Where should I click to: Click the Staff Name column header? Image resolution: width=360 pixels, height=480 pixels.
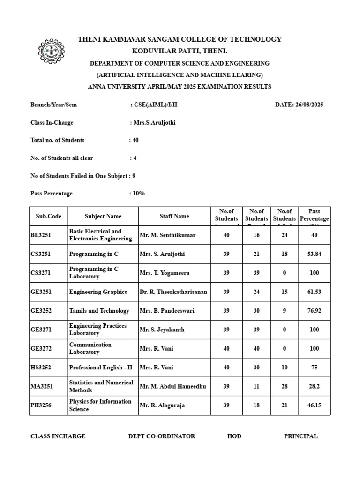click(174, 216)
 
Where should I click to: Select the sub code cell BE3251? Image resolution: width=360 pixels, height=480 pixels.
click(41, 235)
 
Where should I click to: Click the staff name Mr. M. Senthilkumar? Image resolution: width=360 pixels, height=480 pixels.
click(167, 235)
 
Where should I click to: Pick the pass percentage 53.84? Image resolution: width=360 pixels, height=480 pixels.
click(314, 254)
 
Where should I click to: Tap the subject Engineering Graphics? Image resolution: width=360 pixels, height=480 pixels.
click(98, 292)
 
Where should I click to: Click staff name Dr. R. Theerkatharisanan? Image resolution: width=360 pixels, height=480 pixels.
click(173, 292)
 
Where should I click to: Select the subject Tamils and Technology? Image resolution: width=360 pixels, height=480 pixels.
click(99, 311)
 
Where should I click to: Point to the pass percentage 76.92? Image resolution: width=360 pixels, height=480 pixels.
click(314, 311)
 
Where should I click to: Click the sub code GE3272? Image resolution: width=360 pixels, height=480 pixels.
click(41, 348)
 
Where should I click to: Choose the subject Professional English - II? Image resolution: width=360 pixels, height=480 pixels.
click(101, 367)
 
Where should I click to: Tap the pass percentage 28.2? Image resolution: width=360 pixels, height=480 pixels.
click(314, 386)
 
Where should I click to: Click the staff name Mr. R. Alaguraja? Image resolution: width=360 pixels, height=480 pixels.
click(162, 405)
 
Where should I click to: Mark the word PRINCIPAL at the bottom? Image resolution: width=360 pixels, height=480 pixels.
click(300, 436)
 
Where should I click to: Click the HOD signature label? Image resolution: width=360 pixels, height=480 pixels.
click(234, 436)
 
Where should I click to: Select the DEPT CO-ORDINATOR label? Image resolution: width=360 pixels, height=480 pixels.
click(162, 436)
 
